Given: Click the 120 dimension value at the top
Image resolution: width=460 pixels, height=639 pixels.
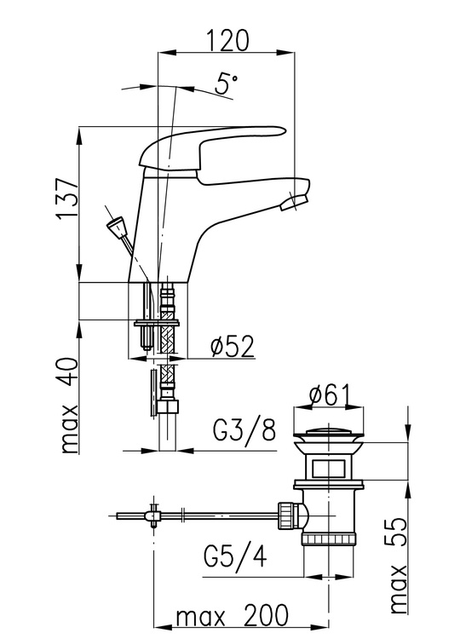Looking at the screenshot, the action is tap(227, 40).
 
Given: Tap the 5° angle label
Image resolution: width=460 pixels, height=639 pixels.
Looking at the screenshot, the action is tap(226, 83).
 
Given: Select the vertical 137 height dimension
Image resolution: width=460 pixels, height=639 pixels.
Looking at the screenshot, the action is tap(67, 199).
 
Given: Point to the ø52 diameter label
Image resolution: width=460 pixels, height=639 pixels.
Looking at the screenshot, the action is tap(232, 347).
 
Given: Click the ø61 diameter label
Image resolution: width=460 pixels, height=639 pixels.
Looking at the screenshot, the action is tap(329, 395).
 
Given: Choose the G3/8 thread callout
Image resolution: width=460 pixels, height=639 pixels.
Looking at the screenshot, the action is tap(244, 430).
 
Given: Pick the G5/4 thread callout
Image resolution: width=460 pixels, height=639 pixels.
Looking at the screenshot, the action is tap(235, 556).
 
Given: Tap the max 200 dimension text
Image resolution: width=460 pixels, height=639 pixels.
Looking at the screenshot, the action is tap(232, 616).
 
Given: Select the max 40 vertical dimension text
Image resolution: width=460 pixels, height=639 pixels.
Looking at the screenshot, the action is tap(68, 406).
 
